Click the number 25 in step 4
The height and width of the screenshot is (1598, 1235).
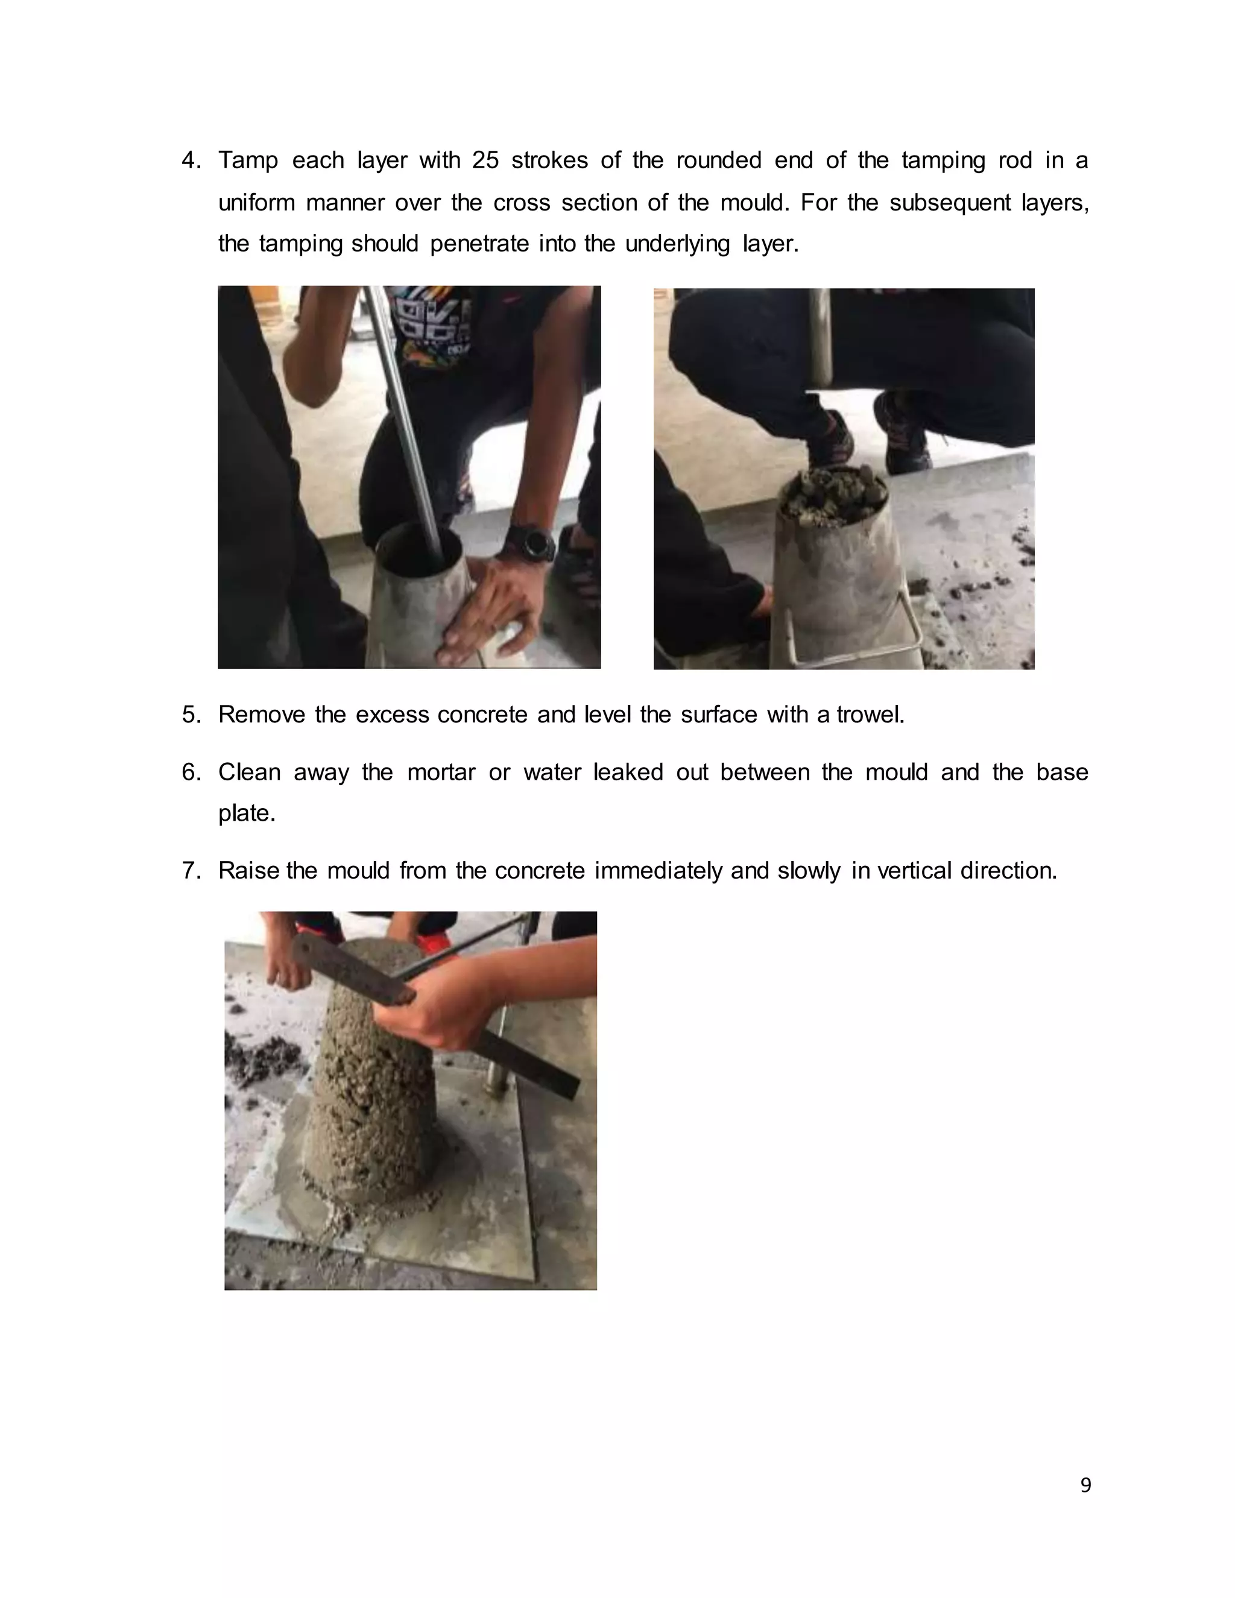pyautogui.click(x=485, y=160)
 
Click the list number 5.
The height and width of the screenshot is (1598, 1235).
pyautogui.click(x=191, y=715)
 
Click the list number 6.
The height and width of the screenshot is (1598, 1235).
pyautogui.click(x=191, y=772)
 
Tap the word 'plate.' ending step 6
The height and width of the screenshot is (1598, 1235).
pyautogui.click(x=247, y=813)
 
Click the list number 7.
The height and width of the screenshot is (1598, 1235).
pyautogui.click(x=191, y=871)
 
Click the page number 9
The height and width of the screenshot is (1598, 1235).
pyautogui.click(x=1085, y=1485)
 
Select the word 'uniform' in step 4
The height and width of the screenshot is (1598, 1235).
pyautogui.click(x=256, y=203)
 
